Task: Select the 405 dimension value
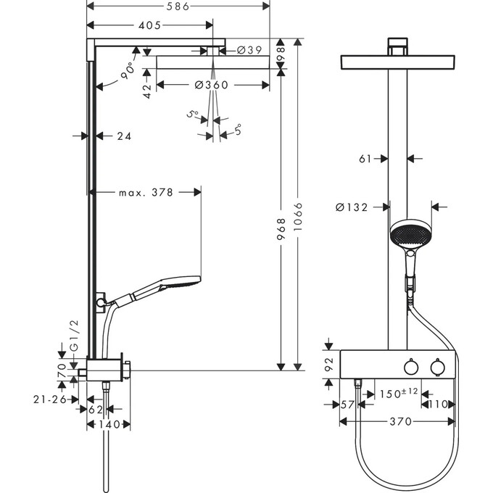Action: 149,26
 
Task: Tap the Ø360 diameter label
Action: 212,85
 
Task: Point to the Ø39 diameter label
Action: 249,50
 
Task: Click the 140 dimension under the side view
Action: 108,424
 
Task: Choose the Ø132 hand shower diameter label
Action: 352,207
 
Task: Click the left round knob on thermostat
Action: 411,368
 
